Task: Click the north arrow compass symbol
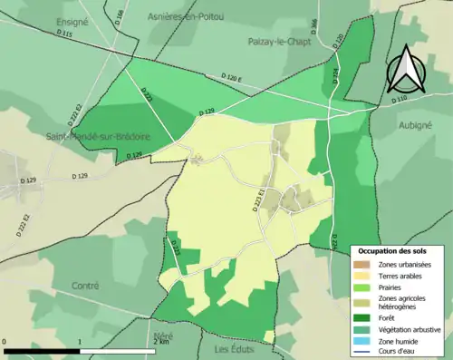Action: pyautogui.click(x=405, y=65)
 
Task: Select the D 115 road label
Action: pyautogui.click(x=64, y=34)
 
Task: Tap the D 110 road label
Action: pyautogui.click(x=399, y=97)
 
